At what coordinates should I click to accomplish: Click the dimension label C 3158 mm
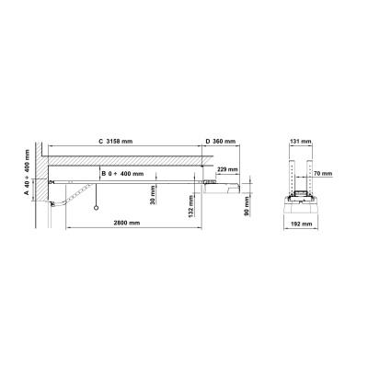point(115,142)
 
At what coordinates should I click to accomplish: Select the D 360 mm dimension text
point(221,142)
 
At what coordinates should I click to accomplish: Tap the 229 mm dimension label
point(227,169)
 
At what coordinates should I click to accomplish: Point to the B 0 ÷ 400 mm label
point(122,174)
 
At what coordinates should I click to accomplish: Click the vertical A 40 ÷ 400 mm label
point(27,172)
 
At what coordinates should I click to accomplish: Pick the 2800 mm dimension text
point(127,223)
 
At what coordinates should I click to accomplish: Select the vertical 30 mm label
point(153,195)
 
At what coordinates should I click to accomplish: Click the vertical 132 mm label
point(190,207)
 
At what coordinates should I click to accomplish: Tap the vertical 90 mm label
point(247,206)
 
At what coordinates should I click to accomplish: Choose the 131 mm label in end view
point(301,142)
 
